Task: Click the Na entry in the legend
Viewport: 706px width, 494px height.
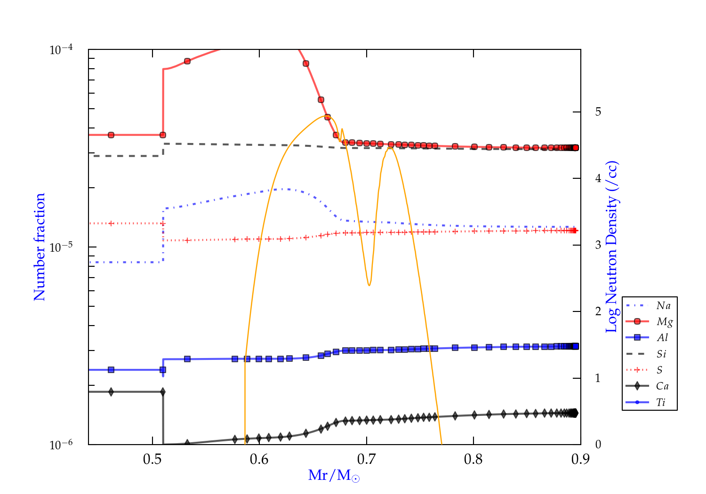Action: (663, 306)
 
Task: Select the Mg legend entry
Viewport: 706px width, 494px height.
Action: (664, 322)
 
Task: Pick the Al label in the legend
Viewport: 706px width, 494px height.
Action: (662, 338)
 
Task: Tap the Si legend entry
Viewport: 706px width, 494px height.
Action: (661, 354)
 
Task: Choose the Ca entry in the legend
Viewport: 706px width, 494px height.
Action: (662, 386)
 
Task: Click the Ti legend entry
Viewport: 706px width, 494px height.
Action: (661, 402)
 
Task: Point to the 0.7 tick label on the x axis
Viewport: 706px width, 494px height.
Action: (366, 459)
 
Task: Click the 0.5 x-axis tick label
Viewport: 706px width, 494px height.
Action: (152, 459)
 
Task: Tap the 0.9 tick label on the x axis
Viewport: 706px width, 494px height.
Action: (580, 459)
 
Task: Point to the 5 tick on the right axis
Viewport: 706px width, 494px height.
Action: (598, 112)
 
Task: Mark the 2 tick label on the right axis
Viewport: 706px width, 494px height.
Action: (598, 311)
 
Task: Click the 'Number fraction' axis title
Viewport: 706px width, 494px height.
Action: (40, 247)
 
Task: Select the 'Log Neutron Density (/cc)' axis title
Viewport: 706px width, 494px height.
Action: (612, 247)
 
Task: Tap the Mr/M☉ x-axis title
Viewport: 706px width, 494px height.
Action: (334, 476)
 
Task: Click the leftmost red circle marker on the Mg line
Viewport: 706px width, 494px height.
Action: (111, 135)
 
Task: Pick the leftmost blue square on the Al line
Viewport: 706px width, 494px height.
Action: (111, 370)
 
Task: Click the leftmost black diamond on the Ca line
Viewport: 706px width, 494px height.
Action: (111, 392)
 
